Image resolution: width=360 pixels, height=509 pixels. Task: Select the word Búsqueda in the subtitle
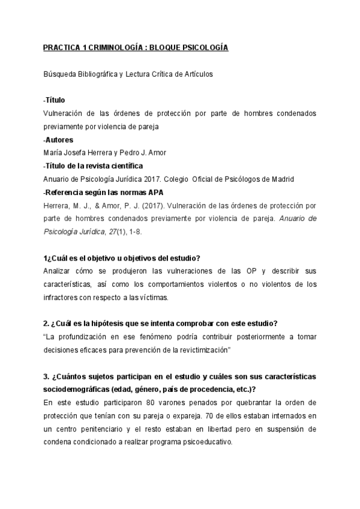coord(60,74)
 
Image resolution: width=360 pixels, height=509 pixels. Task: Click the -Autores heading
coord(58,139)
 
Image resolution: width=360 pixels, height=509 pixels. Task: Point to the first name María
coord(55,152)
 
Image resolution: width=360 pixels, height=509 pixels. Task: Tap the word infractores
coord(65,297)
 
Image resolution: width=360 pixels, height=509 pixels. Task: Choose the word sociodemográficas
coord(79,389)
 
